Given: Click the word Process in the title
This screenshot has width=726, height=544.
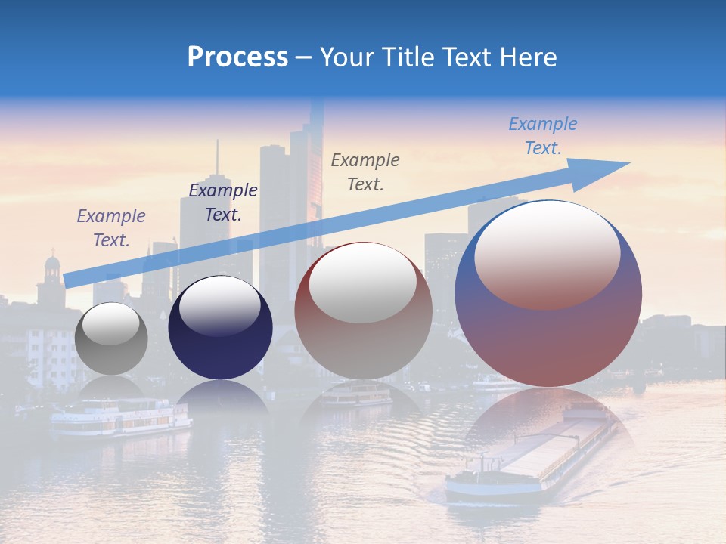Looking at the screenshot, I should [x=237, y=57].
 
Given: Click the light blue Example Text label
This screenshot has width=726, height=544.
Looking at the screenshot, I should [x=542, y=136].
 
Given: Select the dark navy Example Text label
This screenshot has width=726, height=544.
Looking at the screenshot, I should [x=222, y=202].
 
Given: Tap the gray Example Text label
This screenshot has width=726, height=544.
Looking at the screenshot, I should [x=365, y=172].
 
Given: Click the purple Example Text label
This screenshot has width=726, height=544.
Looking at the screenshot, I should [x=111, y=227].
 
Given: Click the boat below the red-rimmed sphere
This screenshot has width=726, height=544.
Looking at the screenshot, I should [x=357, y=394].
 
